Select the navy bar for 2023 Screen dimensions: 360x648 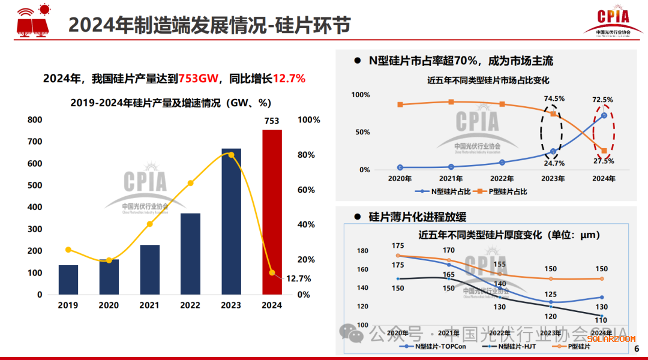pos(231,221)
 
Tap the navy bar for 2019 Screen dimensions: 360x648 pos(68,280)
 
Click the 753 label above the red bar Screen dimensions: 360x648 pos(272,121)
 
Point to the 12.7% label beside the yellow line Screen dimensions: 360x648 pos(298,278)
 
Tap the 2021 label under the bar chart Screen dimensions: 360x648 pos(149,305)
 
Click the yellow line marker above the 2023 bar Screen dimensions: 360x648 pos(231,155)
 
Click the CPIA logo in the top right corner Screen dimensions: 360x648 pos(614,19)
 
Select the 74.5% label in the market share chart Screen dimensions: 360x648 pos(554,99)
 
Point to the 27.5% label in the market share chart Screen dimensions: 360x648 pos(604,161)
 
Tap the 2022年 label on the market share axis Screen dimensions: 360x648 pos(502,178)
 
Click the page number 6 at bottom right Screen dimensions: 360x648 pos(637,349)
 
